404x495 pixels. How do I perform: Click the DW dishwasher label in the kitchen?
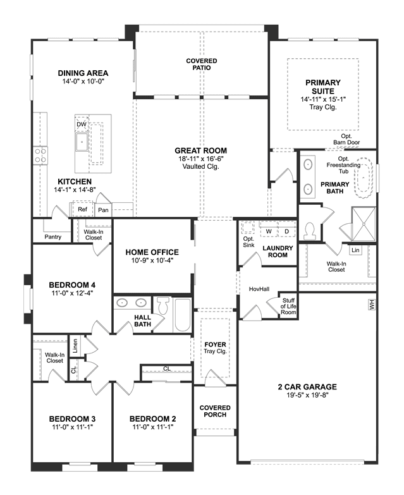pyautogui.click(x=82, y=125)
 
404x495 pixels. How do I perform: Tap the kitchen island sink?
pyautogui.click(x=82, y=142)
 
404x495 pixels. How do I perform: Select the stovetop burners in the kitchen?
pyautogui.click(x=40, y=156)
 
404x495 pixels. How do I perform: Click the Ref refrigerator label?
pyautogui.click(x=82, y=209)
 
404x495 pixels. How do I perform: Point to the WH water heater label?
pyautogui.click(x=372, y=305)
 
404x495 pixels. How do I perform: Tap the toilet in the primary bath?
pyautogui.click(x=309, y=231)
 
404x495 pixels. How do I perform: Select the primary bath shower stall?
pyautogui.click(x=364, y=224)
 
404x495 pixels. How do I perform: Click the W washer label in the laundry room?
pyautogui.click(x=269, y=231)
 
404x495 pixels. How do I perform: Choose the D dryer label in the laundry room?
pyautogui.click(x=286, y=231)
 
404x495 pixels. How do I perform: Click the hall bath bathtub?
pyautogui.click(x=183, y=315)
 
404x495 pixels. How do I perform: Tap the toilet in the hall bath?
pyautogui.click(x=163, y=305)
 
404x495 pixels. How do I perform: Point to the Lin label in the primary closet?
pyautogui.click(x=355, y=250)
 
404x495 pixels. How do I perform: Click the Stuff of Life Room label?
pyautogui.click(x=288, y=306)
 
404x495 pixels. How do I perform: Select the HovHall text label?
pyautogui.click(x=259, y=289)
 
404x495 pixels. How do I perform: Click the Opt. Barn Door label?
pyautogui.click(x=346, y=139)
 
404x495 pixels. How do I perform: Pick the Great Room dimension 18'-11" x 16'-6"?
pyautogui.click(x=201, y=159)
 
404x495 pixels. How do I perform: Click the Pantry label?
pyautogui.click(x=52, y=237)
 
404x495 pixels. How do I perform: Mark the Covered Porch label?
pyautogui.click(x=215, y=411)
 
